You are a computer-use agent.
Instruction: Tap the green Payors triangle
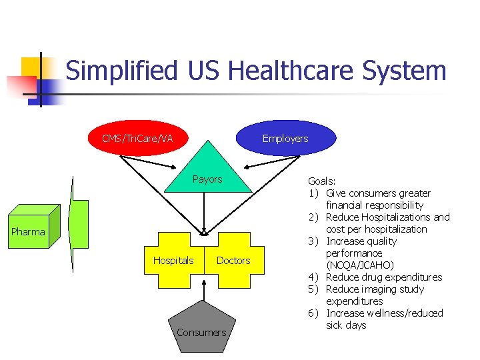[207, 176]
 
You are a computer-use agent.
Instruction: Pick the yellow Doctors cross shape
[234, 260]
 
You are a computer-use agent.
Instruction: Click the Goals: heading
[321, 181]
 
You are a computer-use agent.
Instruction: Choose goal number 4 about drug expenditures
[383, 277]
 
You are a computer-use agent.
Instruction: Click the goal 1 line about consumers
[378, 193]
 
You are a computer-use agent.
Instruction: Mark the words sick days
[346, 325]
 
